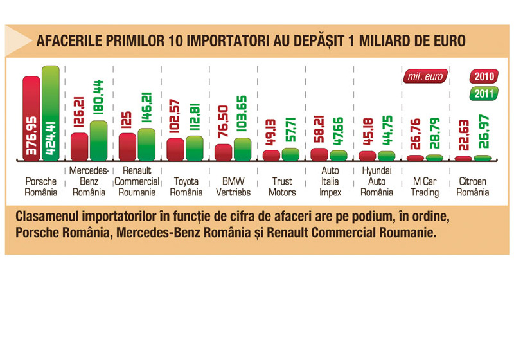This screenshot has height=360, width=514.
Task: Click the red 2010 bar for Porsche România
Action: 31,119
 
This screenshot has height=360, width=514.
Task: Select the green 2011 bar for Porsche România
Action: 50,113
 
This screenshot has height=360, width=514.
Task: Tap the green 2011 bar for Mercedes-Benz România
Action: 98,141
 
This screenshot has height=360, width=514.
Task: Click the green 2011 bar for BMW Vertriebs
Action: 242,149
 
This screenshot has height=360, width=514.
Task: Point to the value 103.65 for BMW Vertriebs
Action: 242,115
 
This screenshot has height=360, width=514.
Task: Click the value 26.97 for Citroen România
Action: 483,137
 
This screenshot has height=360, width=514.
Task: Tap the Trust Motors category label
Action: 281,187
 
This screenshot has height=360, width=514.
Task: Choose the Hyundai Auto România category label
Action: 377,182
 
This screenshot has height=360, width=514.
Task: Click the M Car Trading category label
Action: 425,187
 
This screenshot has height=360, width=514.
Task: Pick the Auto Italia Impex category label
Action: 330,182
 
